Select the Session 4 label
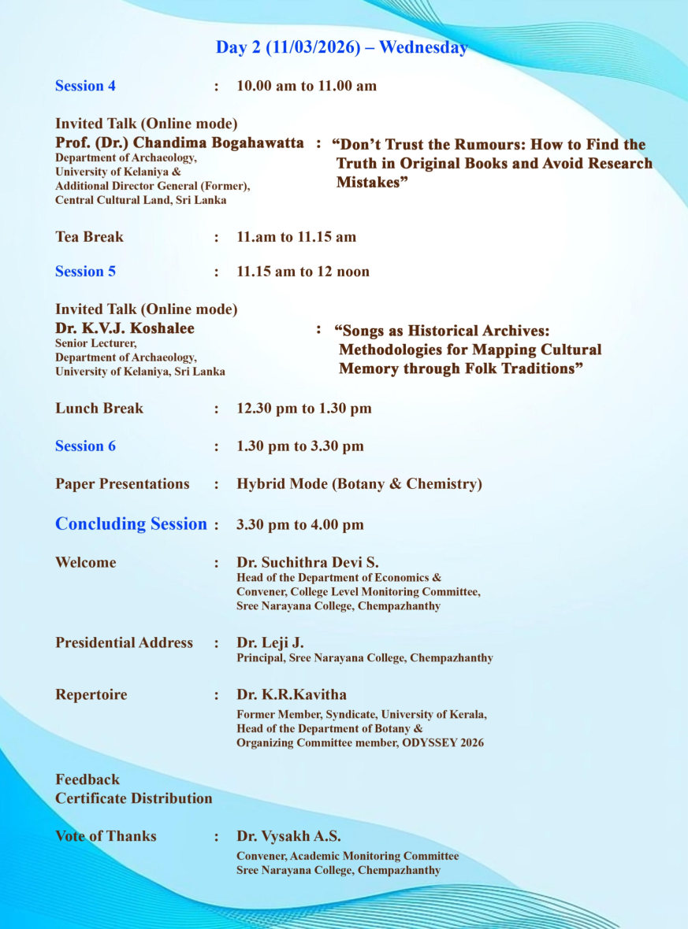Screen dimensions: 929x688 coord(85,86)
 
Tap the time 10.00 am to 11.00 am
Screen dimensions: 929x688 coord(307,86)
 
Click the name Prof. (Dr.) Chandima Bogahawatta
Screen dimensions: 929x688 coord(179,143)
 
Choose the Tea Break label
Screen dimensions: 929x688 coord(89,237)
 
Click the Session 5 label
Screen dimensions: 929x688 coord(85,272)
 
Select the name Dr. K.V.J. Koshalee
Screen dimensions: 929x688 coord(125,328)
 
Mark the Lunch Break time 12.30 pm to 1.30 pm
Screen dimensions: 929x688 coord(304,409)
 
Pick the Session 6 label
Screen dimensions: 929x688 coord(85,446)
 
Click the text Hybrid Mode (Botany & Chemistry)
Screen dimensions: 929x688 coord(359,484)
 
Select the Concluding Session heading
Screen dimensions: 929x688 coord(131,524)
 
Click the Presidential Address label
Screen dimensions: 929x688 coord(124,643)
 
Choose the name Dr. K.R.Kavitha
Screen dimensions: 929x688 coord(292,695)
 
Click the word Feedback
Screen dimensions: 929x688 coord(87,779)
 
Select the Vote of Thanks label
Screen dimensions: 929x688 coord(106,836)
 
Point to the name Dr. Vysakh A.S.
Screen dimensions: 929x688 coord(288,836)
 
